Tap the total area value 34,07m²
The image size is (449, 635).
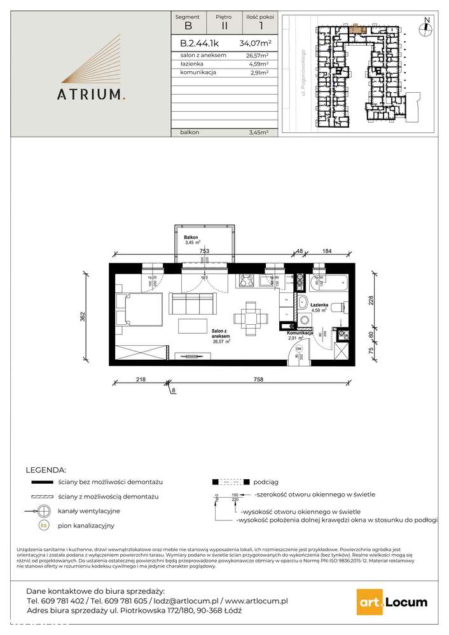[x=255, y=44]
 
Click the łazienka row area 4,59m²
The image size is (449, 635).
[x=258, y=64]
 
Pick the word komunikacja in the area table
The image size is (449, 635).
[x=198, y=73]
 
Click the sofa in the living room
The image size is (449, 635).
[x=193, y=302]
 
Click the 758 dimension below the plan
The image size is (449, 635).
[x=258, y=379]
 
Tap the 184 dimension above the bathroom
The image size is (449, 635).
[x=326, y=251]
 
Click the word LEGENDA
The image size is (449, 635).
[x=45, y=470]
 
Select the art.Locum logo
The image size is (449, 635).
[x=391, y=601]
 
